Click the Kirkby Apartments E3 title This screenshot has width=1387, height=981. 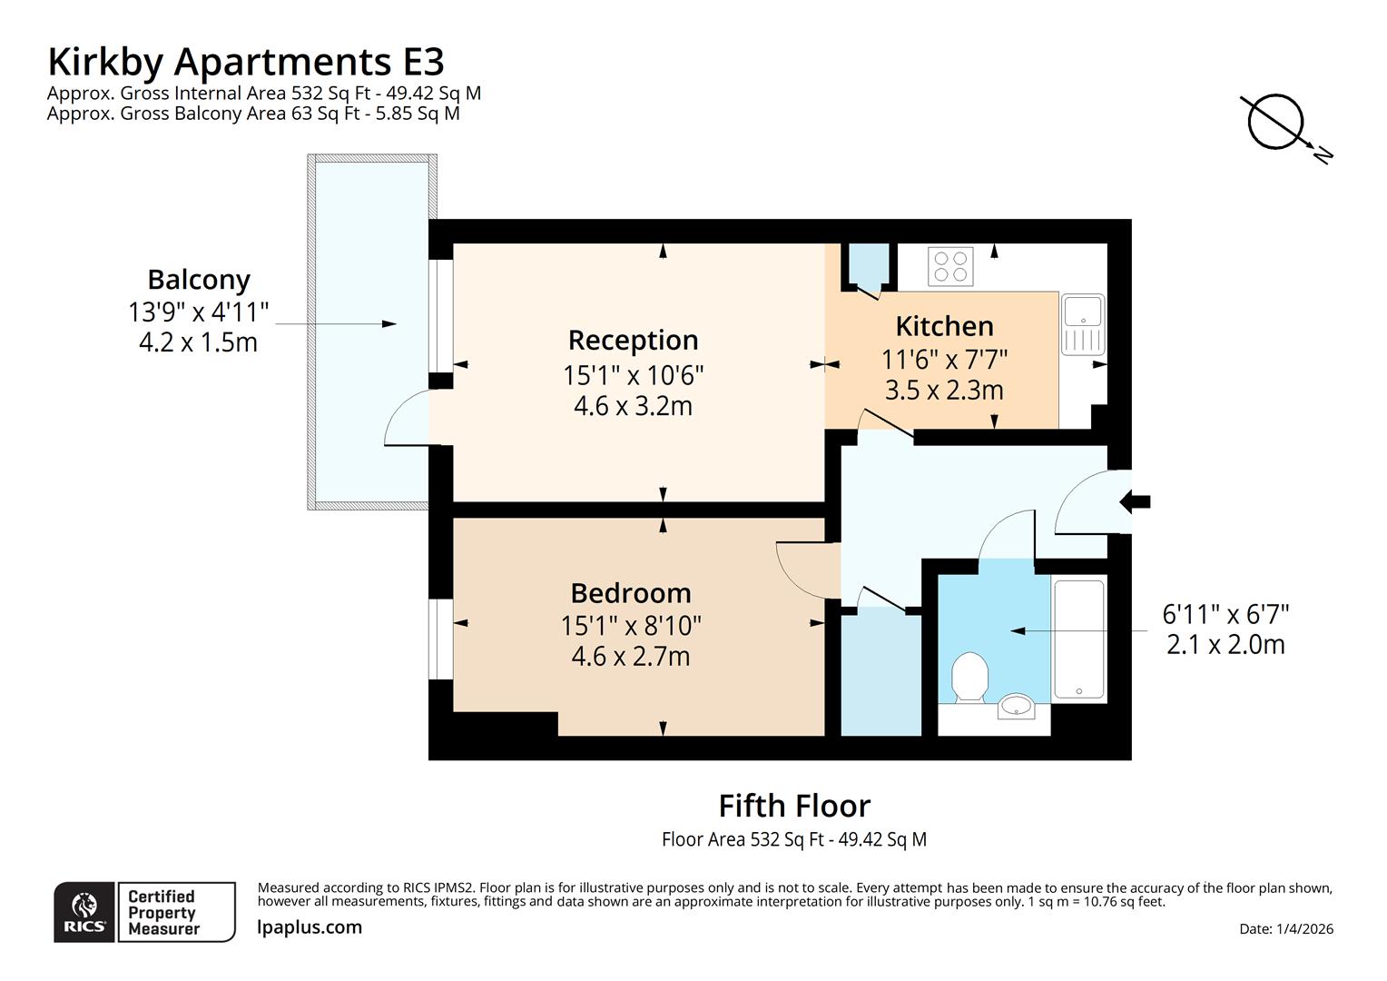tap(245, 62)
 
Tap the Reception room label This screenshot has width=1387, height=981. tap(633, 340)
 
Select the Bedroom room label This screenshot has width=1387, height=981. tap(631, 593)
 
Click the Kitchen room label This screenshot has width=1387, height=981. tap(944, 326)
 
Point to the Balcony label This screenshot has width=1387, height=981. tap(199, 280)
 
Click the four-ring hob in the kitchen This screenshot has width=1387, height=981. tap(950, 266)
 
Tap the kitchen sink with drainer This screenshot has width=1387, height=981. tap(1082, 325)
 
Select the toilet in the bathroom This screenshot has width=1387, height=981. tap(969, 677)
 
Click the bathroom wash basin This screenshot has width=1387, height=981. tap(1016, 706)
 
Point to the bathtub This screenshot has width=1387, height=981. tap(1079, 639)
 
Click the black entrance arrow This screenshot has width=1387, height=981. tap(1136, 500)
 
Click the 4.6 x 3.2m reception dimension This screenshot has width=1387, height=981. tap(633, 406)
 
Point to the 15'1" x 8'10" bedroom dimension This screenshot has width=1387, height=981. tap(631, 626)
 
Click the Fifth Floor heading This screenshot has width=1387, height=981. tap(794, 806)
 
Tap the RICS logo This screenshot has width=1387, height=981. tap(84, 912)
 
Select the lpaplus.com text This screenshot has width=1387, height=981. tap(310, 927)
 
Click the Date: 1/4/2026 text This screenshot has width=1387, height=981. tap(1285, 928)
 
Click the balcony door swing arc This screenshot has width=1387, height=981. tap(404, 418)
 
